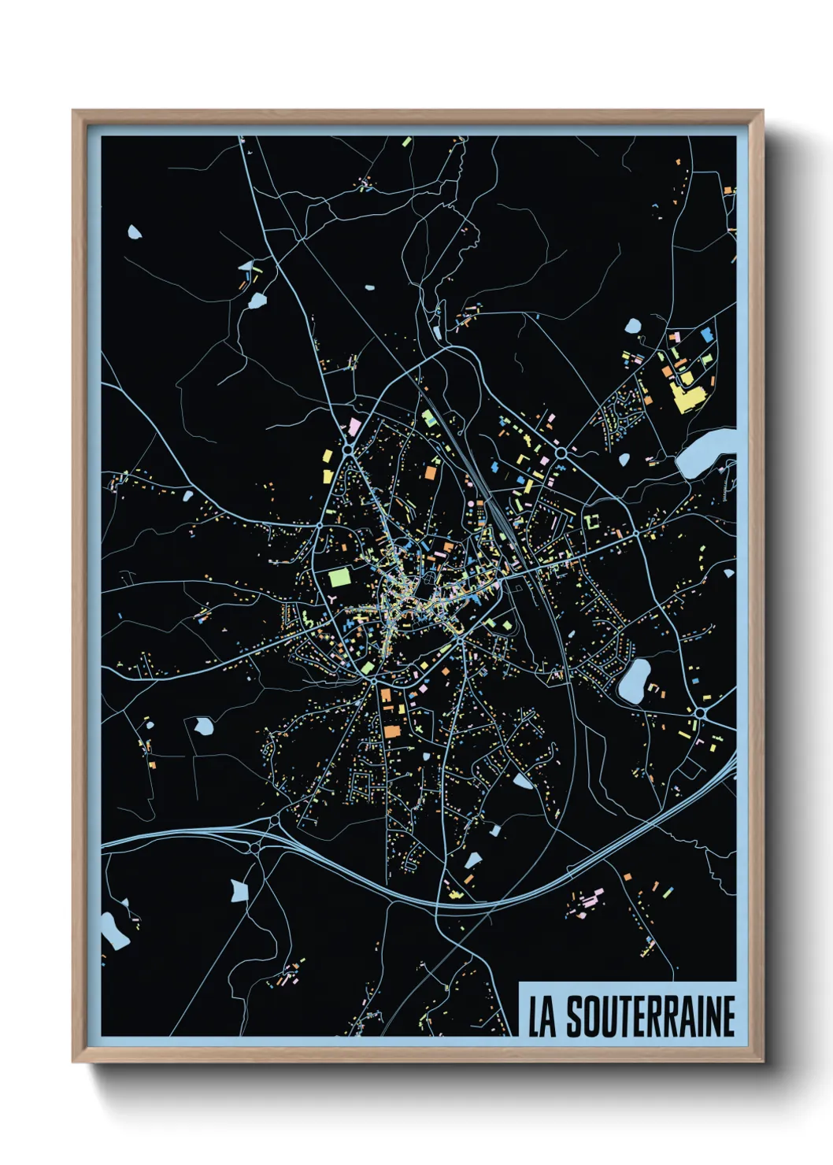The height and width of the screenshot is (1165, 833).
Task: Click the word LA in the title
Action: (541, 1016)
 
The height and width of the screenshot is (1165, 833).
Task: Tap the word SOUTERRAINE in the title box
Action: (650, 1016)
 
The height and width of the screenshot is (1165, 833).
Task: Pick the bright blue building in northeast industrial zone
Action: (705, 335)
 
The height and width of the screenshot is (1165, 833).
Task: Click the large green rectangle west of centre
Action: (339, 577)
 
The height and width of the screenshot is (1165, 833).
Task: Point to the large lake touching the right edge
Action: (705, 455)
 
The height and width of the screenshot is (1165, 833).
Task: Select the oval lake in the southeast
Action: (634, 680)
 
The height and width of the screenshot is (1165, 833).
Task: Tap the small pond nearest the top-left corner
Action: (135, 232)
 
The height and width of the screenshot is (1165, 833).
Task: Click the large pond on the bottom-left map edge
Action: (113, 930)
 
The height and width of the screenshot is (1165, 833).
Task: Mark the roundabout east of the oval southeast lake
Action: (699, 712)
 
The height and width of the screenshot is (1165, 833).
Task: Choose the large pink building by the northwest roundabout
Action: (355, 427)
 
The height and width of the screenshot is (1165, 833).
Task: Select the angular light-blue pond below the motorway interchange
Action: (239, 890)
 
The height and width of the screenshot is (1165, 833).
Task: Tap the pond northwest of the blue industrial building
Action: (633, 325)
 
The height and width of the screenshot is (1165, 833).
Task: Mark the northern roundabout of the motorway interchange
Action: (275, 822)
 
